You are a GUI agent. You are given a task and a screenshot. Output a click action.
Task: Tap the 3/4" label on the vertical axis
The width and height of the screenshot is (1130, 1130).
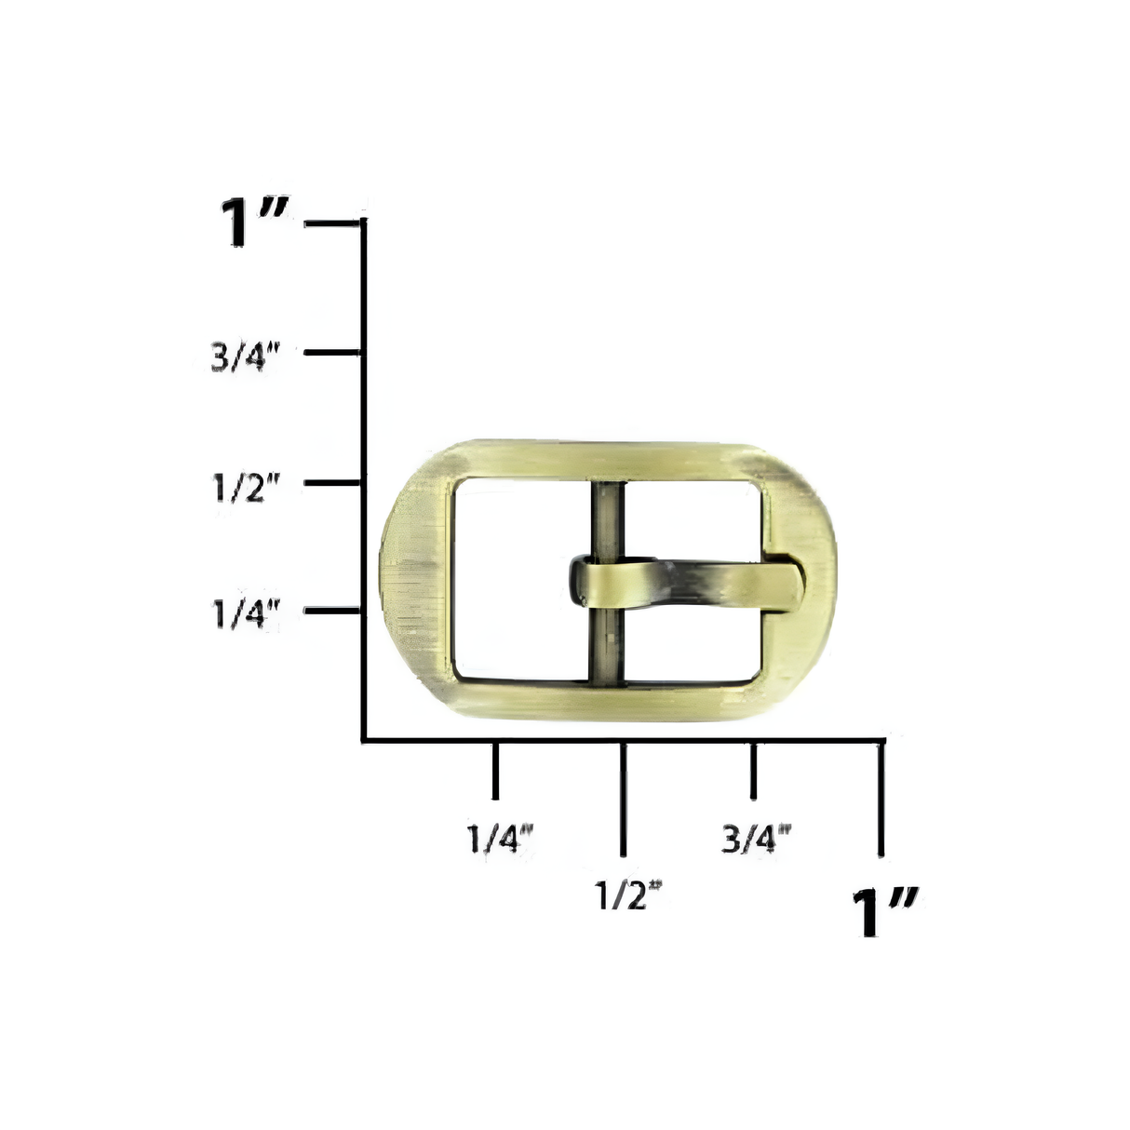[245, 356]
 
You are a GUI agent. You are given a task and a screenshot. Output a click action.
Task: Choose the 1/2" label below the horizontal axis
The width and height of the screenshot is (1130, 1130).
[628, 895]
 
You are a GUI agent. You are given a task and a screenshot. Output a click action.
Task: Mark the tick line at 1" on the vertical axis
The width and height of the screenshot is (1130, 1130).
[333, 223]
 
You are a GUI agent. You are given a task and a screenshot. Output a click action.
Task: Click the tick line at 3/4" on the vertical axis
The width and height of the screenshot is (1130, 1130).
[333, 353]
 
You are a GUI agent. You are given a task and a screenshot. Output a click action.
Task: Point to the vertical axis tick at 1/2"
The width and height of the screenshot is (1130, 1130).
[333, 482]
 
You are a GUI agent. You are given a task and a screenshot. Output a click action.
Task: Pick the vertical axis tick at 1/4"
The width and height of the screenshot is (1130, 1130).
[333, 611]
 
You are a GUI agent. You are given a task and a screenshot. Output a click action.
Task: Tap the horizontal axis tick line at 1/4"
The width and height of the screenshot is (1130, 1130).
[494, 771]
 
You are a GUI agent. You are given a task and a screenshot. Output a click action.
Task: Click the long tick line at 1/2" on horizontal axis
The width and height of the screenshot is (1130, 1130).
[624, 798]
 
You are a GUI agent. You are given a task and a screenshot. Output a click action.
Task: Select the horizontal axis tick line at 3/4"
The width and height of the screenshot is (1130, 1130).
[753, 771]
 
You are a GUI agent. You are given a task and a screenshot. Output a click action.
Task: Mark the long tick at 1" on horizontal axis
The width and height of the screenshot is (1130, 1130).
[881, 798]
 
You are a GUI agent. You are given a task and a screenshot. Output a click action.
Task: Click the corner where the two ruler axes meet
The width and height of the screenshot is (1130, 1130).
[364, 740]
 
